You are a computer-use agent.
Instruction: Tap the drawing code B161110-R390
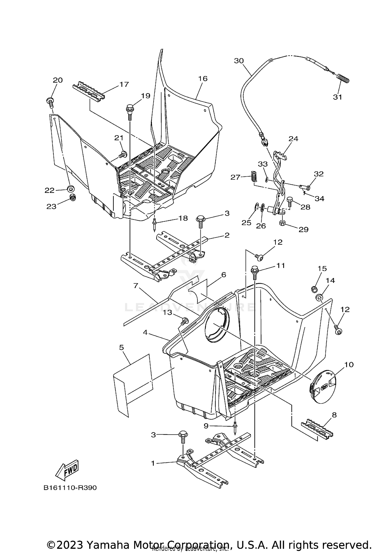[x=70, y=488]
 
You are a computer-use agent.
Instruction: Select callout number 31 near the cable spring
[x=337, y=97]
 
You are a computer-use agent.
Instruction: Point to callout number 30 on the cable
[x=239, y=61]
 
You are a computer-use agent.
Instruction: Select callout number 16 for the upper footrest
[x=203, y=79]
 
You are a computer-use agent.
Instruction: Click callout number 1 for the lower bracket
[x=153, y=463]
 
